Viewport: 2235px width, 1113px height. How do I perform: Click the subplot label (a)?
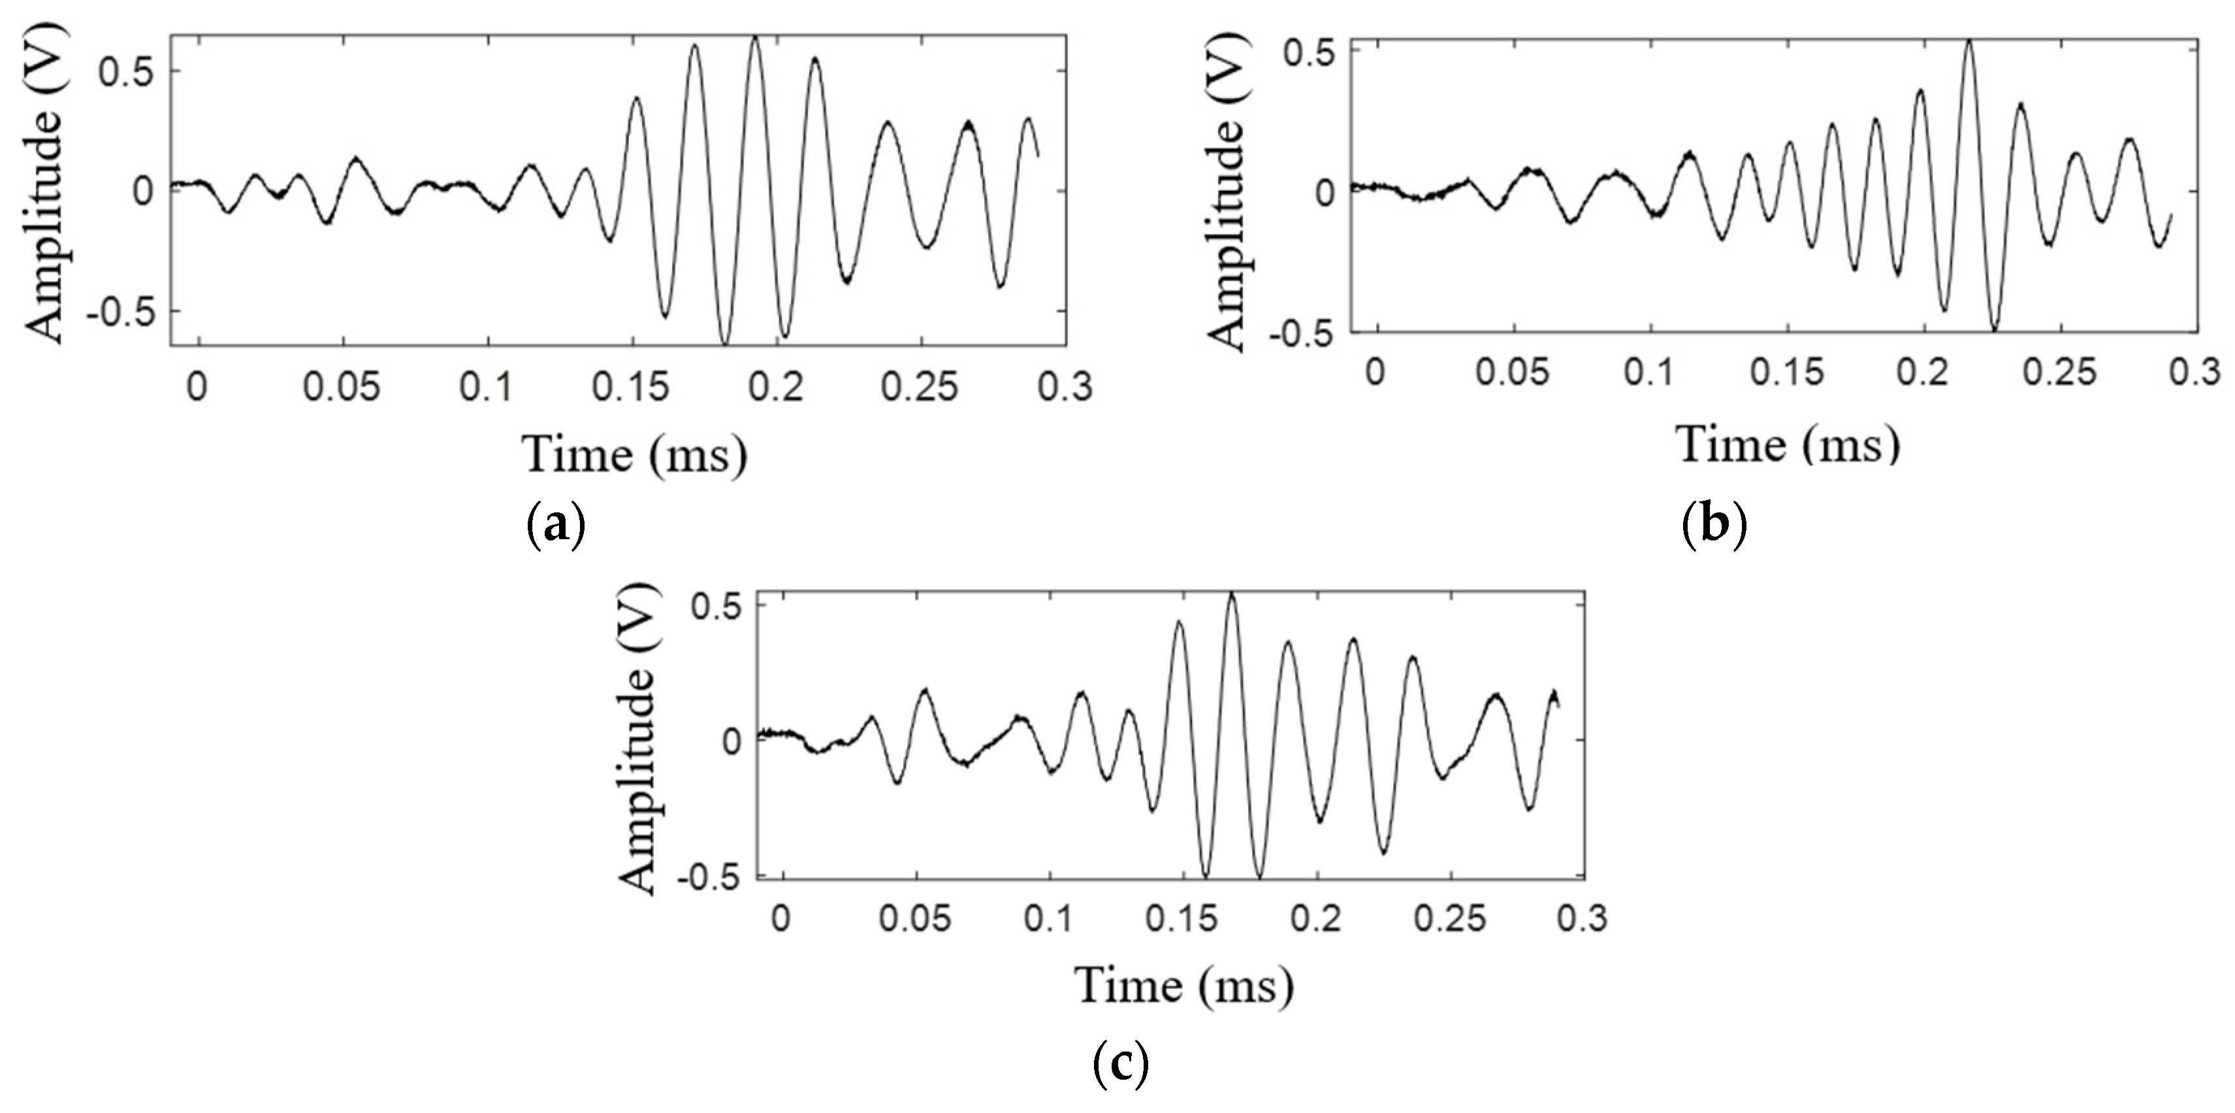coord(556,526)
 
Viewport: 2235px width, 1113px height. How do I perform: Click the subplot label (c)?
coord(1120,1065)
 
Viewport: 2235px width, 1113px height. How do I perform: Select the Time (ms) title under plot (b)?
coord(1789,444)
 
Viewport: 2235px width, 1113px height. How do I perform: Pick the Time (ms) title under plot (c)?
coord(1184,986)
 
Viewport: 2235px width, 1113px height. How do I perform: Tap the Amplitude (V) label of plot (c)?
coord(639,738)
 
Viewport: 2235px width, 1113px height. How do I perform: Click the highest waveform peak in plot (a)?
coord(755,38)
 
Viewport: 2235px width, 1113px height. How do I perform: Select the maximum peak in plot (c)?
coord(1231,595)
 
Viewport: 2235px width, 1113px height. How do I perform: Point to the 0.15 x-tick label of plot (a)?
coord(631,387)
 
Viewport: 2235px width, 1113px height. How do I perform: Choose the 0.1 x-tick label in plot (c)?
coord(1050,918)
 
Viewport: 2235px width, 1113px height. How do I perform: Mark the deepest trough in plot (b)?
coord(1994,328)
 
